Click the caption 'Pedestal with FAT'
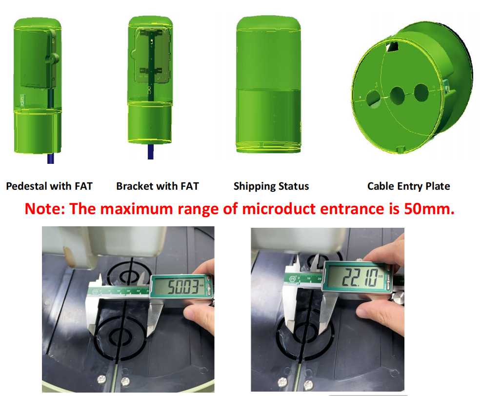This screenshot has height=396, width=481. pyautogui.click(x=49, y=186)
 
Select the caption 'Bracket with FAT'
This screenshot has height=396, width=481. pyautogui.click(x=158, y=186)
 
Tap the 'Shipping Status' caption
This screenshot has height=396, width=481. pyautogui.click(x=271, y=186)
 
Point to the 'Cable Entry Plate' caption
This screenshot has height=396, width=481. pyautogui.click(x=408, y=186)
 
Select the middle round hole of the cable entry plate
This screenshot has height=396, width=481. pyautogui.click(x=397, y=94)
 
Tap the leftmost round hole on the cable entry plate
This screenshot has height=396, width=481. pyautogui.click(x=374, y=98)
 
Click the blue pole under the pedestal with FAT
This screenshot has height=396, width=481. pyautogui.click(x=50, y=158)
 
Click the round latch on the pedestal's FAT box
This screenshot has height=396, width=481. pyautogui.click(x=52, y=60)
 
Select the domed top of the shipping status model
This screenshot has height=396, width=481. pyautogui.click(x=268, y=24)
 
